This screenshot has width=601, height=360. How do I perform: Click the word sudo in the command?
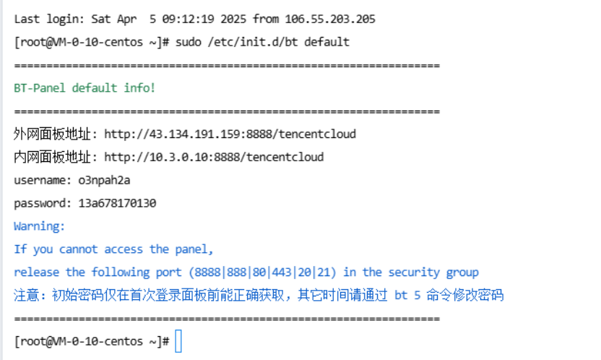188,41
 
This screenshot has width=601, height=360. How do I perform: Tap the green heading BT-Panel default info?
85,88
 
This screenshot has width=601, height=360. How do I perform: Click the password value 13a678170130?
117,203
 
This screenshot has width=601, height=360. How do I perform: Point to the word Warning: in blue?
40,226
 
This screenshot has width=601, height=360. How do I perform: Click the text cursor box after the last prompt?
179,341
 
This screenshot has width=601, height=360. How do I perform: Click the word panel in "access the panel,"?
194,249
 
